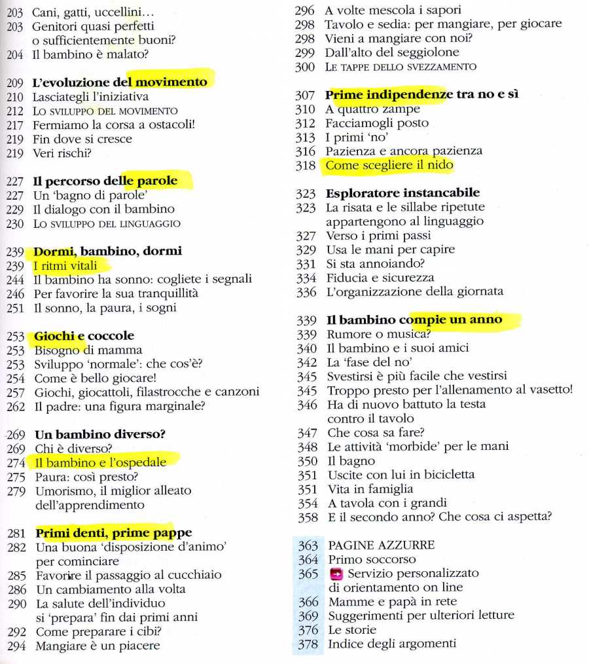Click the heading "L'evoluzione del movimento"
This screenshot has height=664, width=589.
pos(119,83)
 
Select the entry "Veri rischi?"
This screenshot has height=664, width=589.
pos(62,153)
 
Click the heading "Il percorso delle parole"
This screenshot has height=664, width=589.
pos(105,181)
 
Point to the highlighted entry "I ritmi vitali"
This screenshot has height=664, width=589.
pos(65,266)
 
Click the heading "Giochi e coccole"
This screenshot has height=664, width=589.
pos(84,336)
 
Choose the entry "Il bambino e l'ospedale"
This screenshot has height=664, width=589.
pos(100,462)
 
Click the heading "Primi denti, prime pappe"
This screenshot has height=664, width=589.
pos(113,532)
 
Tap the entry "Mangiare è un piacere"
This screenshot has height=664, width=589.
pos(98,645)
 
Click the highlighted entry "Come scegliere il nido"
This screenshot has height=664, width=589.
pos(389,166)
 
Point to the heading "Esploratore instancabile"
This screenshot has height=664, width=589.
pos(402,193)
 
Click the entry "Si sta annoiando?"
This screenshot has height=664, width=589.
pos(374,264)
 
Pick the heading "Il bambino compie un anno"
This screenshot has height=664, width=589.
pos(414,320)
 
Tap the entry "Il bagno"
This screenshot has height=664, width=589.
pos(342,460)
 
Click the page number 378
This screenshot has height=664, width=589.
pos(307,644)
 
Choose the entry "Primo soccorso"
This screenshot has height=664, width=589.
pos(372,559)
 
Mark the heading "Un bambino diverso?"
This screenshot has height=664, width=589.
pos(99,434)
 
